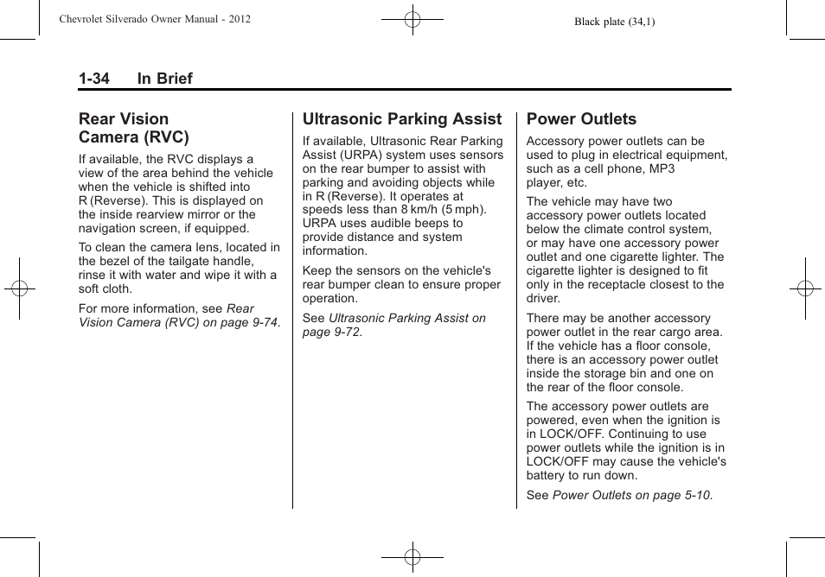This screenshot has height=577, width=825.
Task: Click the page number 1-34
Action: pyautogui.click(x=94, y=79)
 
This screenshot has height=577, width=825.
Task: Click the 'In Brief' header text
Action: pyautogui.click(x=164, y=79)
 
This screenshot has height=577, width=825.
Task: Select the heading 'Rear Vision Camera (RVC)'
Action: pyautogui.click(x=134, y=128)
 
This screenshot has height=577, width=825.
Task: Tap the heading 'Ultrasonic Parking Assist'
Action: pyautogui.click(x=401, y=119)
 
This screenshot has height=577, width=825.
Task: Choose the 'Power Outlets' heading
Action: pyautogui.click(x=581, y=119)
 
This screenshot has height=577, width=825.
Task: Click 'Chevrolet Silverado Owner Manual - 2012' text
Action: pyautogui.click(x=155, y=18)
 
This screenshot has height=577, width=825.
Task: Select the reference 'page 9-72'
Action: pyautogui.click(x=332, y=332)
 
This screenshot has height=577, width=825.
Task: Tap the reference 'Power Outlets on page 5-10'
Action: pyautogui.click(x=632, y=495)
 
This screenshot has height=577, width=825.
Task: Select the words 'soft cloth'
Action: pyautogui.click(x=107, y=288)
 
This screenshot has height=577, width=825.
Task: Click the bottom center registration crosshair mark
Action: pyautogui.click(x=412, y=557)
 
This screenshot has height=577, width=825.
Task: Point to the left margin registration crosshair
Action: pyautogui.click(x=19, y=288)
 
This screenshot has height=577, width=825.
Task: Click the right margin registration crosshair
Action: pyautogui.click(x=805, y=288)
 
